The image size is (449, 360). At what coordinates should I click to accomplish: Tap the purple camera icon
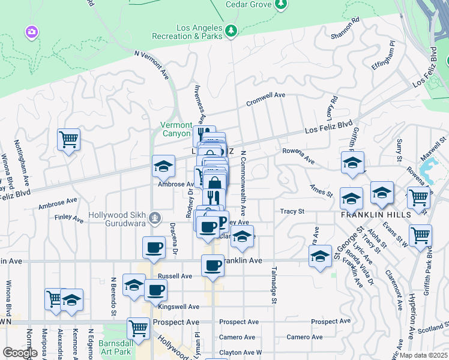[x=32, y=31]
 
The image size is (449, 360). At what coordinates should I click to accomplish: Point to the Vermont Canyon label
[x=176, y=129]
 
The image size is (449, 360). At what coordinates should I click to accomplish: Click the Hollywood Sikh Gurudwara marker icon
[x=155, y=216]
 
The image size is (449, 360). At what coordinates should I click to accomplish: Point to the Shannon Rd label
[x=345, y=28]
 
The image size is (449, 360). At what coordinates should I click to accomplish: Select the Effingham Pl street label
[x=384, y=55]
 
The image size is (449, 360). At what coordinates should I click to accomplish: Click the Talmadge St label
[x=274, y=284]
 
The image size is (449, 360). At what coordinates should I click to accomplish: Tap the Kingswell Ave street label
[x=179, y=307]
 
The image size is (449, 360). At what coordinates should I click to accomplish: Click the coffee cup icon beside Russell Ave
[x=155, y=290]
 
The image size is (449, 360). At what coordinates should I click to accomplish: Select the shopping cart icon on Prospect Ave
[x=138, y=328]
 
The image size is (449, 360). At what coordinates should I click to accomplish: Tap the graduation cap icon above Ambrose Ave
[x=163, y=166]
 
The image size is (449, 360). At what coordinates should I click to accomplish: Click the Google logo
[x=20, y=353]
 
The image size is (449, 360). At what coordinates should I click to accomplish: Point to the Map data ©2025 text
[x=424, y=355]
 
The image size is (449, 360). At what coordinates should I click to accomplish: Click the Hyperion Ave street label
[x=412, y=312]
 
